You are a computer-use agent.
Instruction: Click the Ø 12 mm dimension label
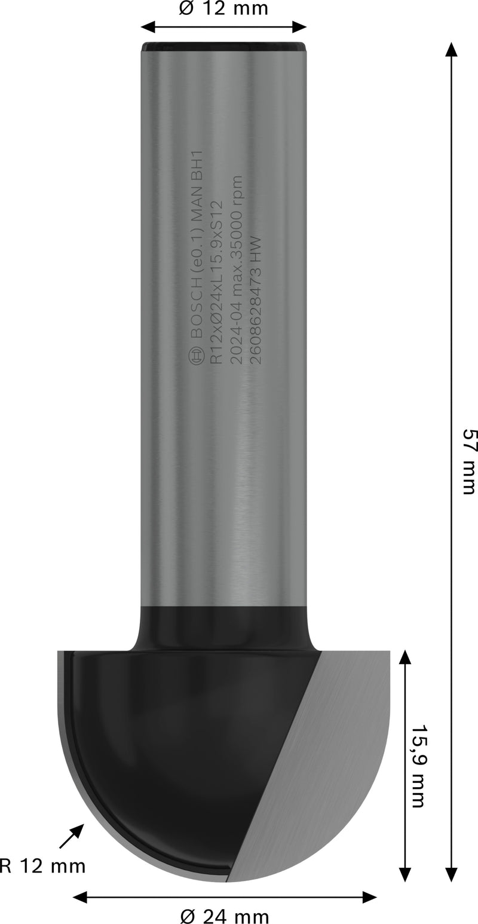(223, 9)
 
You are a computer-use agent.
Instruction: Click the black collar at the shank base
(224, 628)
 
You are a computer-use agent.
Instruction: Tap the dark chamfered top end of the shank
(224, 45)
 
